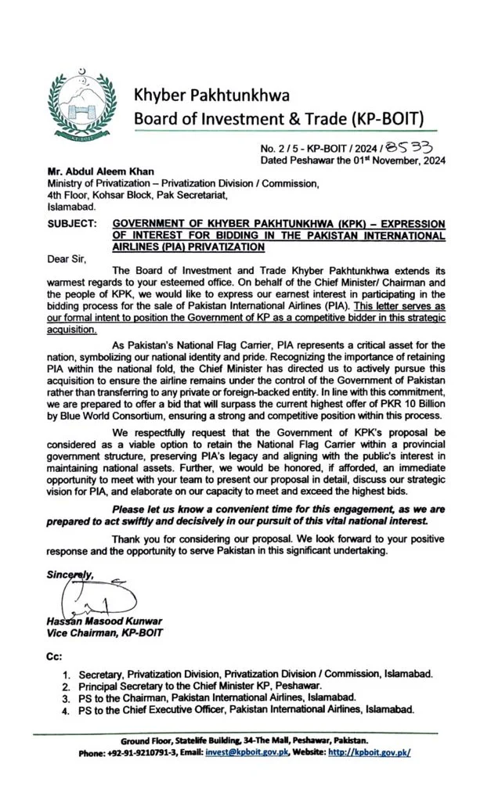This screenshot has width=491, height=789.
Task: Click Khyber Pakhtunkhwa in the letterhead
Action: [x=211, y=94]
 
